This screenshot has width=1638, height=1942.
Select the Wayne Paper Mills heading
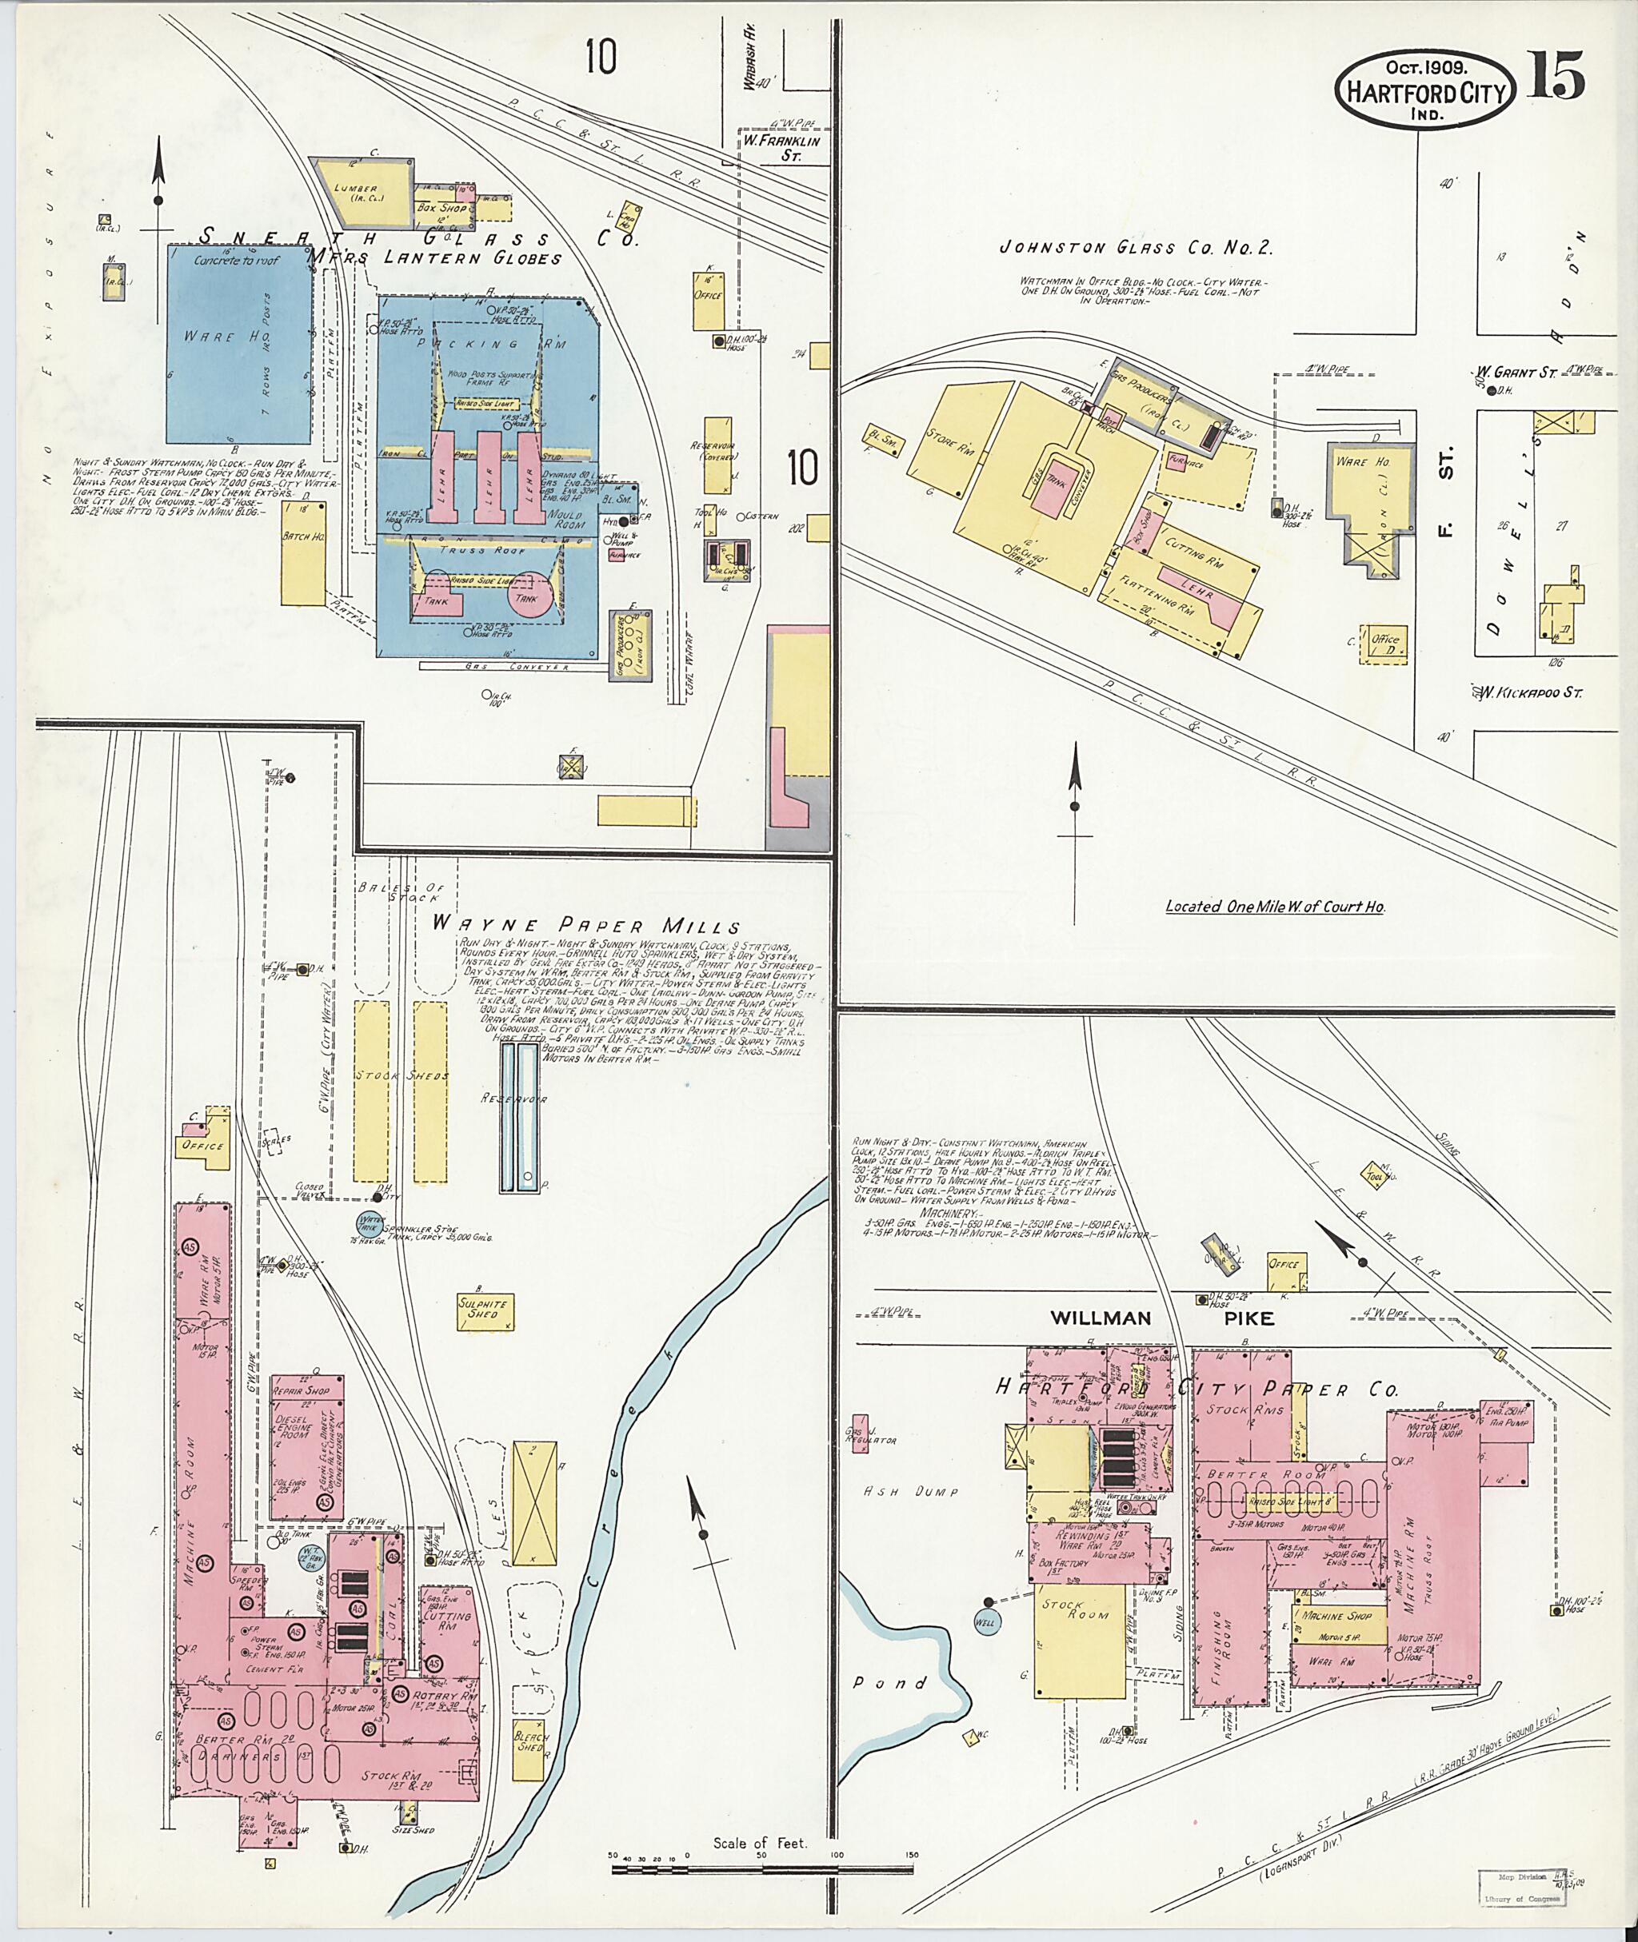click(587, 926)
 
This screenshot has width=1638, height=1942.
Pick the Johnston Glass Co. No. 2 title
click(1135, 248)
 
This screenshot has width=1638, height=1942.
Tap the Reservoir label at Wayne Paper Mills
click(526, 1099)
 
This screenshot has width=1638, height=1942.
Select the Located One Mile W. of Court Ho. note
click(1275, 906)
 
